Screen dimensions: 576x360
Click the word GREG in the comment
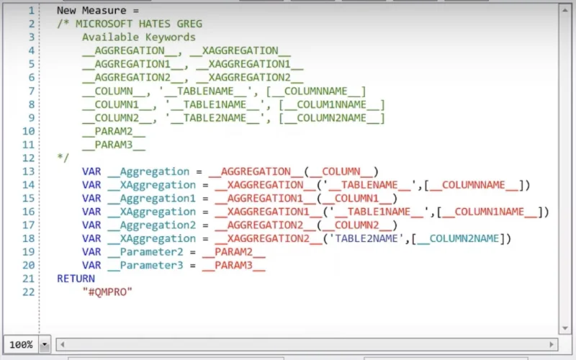189,24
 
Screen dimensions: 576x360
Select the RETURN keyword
76,279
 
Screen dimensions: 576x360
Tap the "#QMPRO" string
107,292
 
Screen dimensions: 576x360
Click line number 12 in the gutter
28,158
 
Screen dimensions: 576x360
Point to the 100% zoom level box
21,345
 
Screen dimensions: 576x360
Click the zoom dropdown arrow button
45,345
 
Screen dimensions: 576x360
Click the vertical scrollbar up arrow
565,10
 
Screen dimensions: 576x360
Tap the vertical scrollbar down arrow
565,328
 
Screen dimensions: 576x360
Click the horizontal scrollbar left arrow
63,345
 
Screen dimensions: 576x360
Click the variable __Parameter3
145,265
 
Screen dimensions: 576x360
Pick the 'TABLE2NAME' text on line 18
366,238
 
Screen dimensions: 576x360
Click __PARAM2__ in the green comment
114,131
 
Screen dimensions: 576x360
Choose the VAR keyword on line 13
91,171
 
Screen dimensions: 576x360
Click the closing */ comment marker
63,158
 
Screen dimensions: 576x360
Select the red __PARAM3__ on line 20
233,265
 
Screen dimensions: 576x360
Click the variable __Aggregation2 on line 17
151,225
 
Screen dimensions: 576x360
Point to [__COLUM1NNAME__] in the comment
332,104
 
